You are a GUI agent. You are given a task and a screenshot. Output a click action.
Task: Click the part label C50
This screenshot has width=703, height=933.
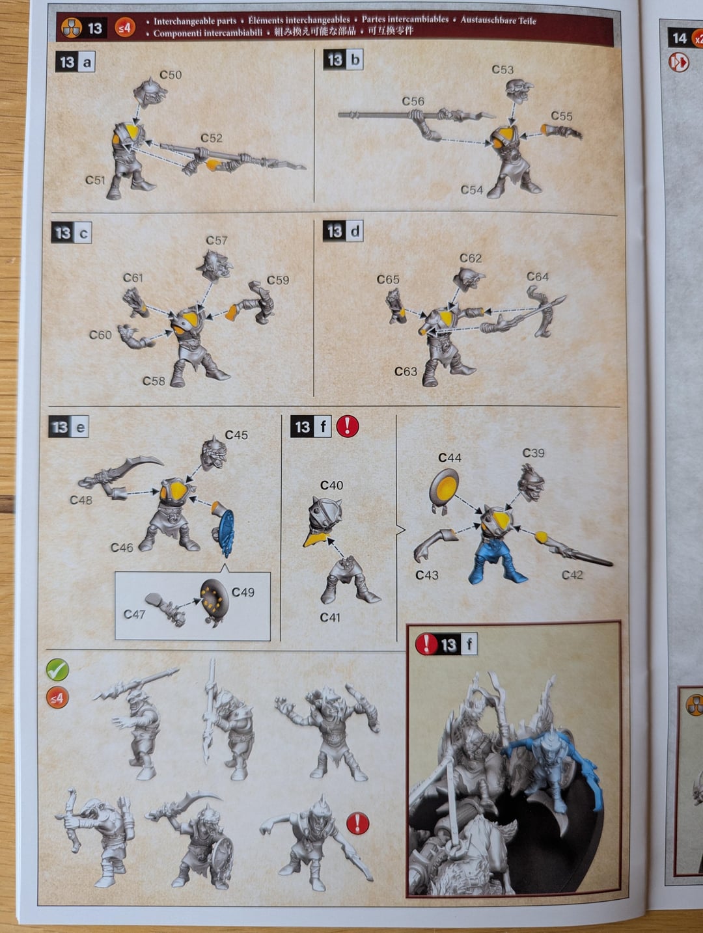coord(171,75)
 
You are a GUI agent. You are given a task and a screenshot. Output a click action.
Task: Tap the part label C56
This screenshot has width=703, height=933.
coord(413,101)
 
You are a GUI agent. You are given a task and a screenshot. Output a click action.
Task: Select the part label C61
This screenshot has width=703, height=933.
coord(133,278)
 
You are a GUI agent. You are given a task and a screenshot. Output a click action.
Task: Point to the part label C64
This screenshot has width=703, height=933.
coord(538,277)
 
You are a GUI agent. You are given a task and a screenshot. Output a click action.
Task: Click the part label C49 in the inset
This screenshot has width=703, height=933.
coord(243,592)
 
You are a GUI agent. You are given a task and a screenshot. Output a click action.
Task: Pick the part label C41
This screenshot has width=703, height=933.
coord(330,617)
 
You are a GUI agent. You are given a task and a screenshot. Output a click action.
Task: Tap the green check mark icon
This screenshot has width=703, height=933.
coord(57,670)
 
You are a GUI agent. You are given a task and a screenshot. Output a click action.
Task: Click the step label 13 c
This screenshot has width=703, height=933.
coord(71,233)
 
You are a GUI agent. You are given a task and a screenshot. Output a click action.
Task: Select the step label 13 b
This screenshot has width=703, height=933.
coord(343,60)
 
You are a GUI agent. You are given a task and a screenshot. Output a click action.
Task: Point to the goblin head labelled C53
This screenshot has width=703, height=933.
coord(519,91)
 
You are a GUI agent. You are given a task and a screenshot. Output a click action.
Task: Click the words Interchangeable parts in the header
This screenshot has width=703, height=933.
coord(195,21)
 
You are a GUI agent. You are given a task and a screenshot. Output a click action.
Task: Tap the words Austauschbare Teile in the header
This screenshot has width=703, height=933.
coord(498,20)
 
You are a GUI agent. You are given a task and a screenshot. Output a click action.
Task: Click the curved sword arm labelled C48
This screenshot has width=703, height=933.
coord(119,476)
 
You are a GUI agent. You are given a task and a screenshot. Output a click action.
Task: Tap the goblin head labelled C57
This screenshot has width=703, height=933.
coord(215,265)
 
